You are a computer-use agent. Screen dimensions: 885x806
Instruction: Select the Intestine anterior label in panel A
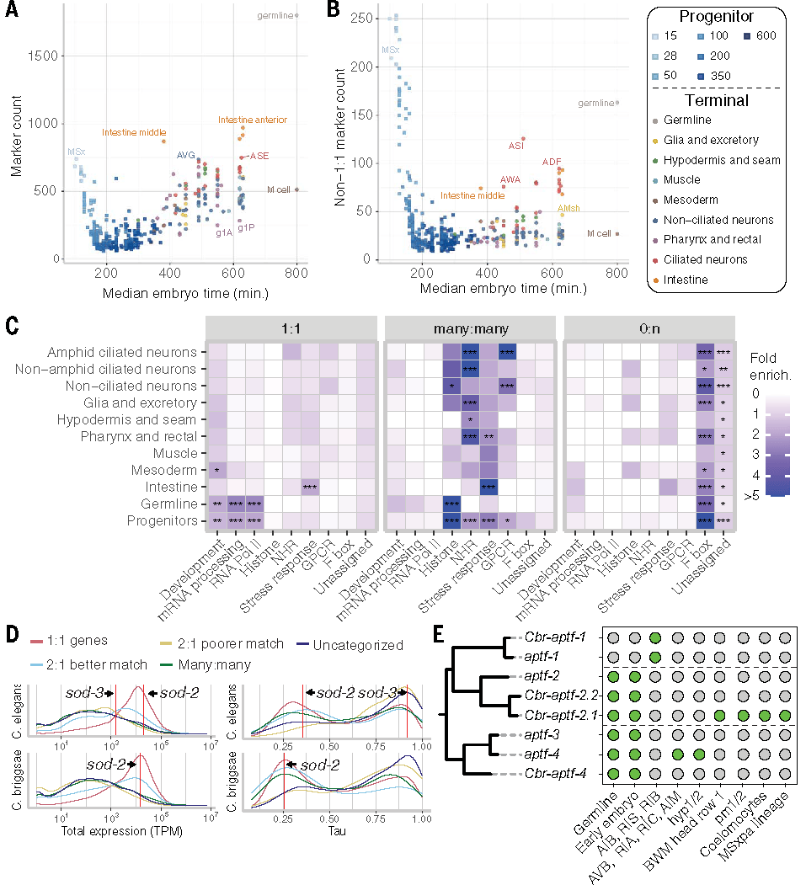pyautogui.click(x=253, y=120)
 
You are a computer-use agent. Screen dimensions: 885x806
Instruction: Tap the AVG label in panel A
pyautogui.click(x=186, y=156)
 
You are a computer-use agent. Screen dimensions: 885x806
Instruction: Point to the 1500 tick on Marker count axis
pyautogui.click(x=42, y=56)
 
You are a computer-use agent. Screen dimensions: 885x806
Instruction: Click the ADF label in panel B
pyautogui.click(x=552, y=162)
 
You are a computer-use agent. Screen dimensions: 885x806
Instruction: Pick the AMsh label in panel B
pyautogui.click(x=568, y=207)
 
